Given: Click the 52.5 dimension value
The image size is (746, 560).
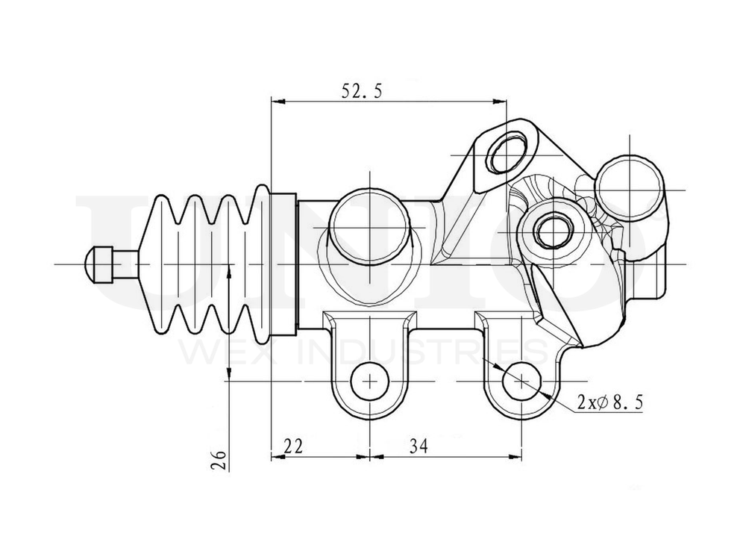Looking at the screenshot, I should (362, 91).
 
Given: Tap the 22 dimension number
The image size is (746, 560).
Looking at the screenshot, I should (294, 446).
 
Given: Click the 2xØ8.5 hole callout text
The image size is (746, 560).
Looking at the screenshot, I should (609, 402).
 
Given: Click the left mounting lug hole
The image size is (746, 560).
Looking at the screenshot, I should (369, 381).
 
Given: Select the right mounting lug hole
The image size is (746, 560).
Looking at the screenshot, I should (521, 381).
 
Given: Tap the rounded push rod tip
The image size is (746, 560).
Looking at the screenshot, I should (97, 264).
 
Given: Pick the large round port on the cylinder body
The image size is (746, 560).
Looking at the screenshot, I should (370, 226).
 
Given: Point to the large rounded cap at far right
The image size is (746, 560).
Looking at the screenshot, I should (629, 188).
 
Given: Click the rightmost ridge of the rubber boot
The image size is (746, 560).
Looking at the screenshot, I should (261, 264).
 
